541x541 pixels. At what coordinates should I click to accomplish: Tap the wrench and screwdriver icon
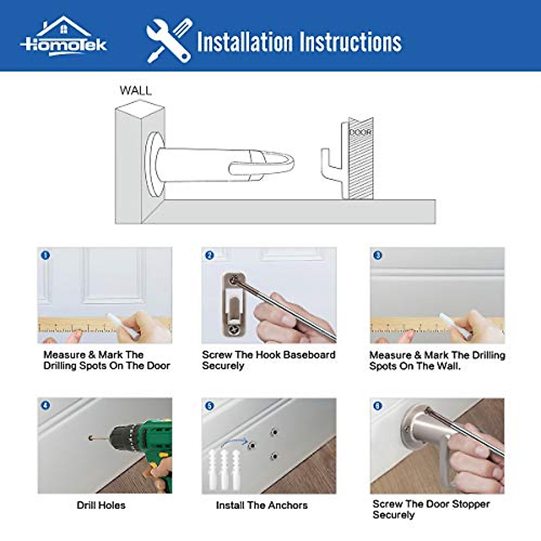[169, 41]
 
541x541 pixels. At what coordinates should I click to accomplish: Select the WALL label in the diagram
[135, 91]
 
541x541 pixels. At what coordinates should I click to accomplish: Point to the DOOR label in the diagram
[360, 133]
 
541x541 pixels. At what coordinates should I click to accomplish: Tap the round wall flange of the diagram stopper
[152, 165]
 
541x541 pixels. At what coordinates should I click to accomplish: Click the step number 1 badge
[45, 255]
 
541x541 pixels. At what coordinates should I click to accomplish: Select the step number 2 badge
[209, 255]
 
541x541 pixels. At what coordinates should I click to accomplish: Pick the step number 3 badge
[378, 255]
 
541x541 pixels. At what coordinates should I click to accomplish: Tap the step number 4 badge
[45, 405]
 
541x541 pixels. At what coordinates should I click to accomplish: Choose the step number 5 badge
[209, 406]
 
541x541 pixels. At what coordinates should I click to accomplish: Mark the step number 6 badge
[378, 406]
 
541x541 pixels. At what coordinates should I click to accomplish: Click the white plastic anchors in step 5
[224, 469]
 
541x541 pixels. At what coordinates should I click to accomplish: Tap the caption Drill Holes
[101, 505]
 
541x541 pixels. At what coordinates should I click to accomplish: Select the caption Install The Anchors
[261, 505]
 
